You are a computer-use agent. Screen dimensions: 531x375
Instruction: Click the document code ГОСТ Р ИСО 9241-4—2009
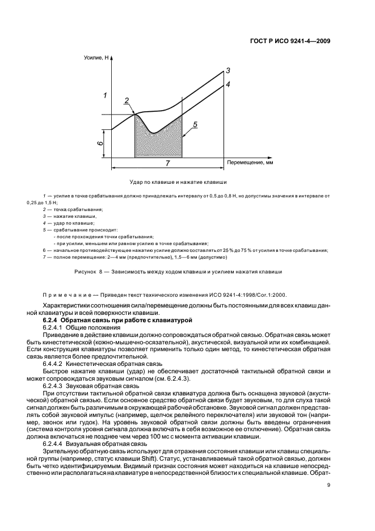coord(290,41)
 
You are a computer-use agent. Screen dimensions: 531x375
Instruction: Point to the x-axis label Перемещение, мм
coord(250,162)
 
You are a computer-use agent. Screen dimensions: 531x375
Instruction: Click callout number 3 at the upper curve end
coord(227,70)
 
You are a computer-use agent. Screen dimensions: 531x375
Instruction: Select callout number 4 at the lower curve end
coord(227,84)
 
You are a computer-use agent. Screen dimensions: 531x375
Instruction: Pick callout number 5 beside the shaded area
coord(195,124)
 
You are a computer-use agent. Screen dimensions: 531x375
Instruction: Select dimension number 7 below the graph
coord(167,163)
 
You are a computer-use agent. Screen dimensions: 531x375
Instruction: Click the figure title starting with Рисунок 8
coord(178,272)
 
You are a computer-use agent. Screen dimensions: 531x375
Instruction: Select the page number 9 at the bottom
coord(328,484)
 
